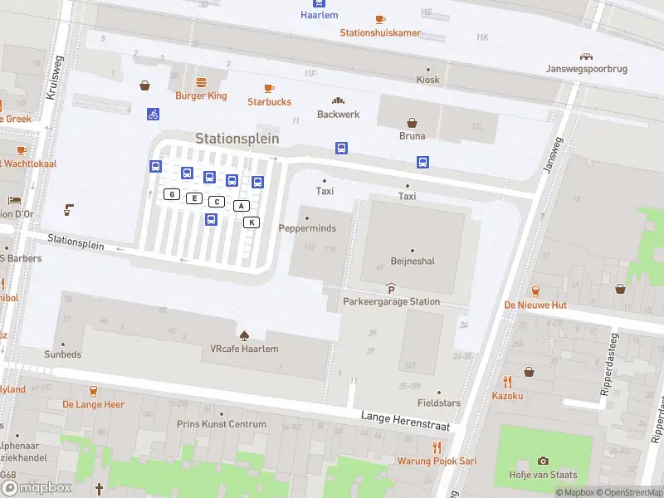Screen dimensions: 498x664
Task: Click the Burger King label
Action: tap(200, 95)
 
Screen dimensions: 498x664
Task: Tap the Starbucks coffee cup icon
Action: tap(269, 88)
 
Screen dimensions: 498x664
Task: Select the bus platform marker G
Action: tap(172, 194)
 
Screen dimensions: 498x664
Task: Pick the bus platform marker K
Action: tap(251, 222)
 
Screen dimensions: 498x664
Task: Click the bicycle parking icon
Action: tap(153, 114)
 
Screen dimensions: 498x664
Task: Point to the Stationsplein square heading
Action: tap(237, 139)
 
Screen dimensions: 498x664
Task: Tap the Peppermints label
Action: tap(306, 227)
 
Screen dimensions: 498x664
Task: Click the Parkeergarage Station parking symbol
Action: tap(391, 288)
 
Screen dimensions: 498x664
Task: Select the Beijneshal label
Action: tap(413, 261)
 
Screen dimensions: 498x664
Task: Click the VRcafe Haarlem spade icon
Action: tap(244, 335)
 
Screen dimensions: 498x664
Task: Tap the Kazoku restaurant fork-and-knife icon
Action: tap(507, 382)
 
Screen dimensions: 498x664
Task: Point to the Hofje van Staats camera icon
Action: tap(543, 461)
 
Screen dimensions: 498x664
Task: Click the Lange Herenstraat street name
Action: tap(405, 420)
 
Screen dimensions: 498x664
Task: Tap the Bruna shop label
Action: tap(412, 135)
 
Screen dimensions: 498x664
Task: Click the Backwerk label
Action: tap(339, 114)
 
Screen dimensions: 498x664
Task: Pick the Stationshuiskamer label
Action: tap(380, 33)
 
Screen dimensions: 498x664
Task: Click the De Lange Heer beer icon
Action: tap(93, 390)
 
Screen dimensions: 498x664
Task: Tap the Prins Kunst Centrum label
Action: tap(222, 424)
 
